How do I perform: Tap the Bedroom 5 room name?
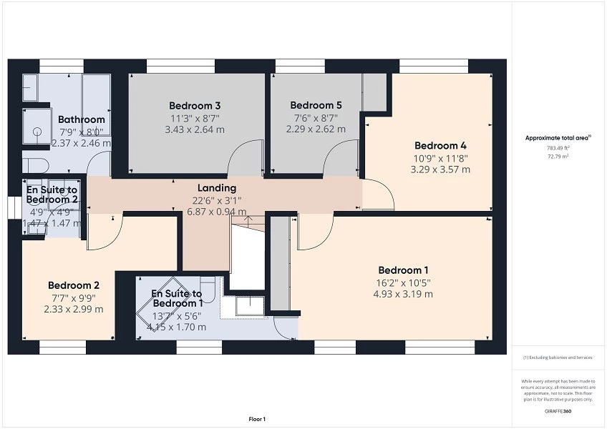click(316, 105)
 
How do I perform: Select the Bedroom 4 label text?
click(440, 145)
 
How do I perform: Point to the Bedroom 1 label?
click(403, 270)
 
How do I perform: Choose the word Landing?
click(212, 188)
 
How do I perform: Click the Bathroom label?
click(82, 119)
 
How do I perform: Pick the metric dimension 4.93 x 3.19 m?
click(403, 293)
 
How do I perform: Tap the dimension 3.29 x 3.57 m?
click(440, 169)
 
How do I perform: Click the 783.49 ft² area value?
click(558, 147)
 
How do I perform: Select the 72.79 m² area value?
click(558, 155)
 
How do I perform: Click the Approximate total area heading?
click(558, 138)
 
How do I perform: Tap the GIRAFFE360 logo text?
click(558, 411)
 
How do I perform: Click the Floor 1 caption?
click(257, 419)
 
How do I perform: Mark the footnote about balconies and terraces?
click(558, 357)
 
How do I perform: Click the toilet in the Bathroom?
click(35, 165)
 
